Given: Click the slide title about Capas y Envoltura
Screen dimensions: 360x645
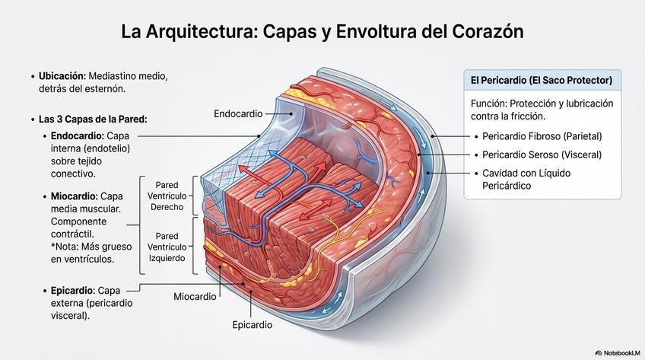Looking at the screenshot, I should coord(322,33).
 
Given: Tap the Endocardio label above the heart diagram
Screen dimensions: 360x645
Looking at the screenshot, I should coord(238,114).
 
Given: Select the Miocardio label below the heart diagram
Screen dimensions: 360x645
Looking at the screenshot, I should coord(196,295).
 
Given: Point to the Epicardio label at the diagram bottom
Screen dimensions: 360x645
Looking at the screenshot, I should coord(252,324).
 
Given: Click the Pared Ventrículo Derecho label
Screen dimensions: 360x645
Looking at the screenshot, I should coord(171,196).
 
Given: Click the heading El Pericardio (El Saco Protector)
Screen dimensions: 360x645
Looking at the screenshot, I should coord(542,80).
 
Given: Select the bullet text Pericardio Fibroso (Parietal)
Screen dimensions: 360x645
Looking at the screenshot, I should coord(542,136).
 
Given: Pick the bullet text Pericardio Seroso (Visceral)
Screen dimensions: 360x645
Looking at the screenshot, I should coord(542,155).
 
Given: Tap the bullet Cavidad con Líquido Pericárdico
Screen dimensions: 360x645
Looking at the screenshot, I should coord(526,179).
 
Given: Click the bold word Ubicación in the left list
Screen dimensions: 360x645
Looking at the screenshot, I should coord(62,77).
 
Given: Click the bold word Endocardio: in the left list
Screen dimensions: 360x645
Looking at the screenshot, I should coord(75,136).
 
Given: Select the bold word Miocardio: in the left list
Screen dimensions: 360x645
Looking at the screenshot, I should coord(73,196).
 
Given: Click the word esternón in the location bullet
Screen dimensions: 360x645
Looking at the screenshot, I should coord(103,89).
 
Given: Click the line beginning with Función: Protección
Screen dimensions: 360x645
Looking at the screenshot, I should coord(542,104).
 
